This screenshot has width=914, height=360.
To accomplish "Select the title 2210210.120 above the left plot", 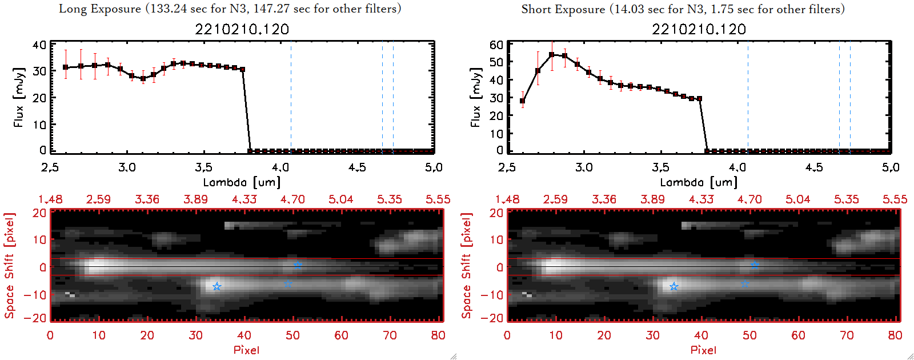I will tap(242, 29).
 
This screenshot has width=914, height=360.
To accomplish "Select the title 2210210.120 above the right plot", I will tap(699, 29).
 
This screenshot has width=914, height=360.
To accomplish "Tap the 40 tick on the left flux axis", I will tap(39, 45).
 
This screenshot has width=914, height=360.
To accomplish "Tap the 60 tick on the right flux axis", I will tap(496, 45).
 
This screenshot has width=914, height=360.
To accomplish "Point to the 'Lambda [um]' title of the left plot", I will tap(242, 182).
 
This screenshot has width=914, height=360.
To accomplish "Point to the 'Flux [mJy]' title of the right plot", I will tap(475, 97).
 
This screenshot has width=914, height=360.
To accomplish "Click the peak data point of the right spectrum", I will tap(552, 55).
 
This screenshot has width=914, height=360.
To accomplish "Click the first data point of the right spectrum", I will tap(522, 101).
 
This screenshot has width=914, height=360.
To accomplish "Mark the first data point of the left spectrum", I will tap(66, 67).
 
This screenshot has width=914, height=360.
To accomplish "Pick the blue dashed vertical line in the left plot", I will tap(393, 97).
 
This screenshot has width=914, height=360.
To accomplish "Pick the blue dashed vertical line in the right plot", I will tap(850, 97).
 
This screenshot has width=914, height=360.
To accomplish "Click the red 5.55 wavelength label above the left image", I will tap(438, 199).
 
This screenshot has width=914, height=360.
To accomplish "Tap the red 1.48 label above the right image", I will tap(507, 199).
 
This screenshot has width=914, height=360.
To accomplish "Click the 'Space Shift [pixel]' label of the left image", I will tap(9, 266).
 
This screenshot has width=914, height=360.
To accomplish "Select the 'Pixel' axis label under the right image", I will tap(703, 350).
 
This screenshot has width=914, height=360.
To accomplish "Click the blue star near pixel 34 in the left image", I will tap(217, 286).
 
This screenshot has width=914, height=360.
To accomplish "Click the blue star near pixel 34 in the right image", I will tap(674, 286).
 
